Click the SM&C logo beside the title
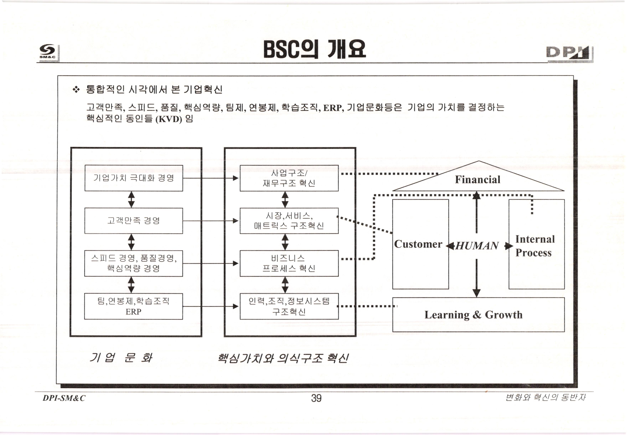tap(48, 52)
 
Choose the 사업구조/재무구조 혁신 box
tap(289, 178)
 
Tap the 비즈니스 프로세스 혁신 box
tap(289, 263)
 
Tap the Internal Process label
tap(534, 246)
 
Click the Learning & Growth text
tap(474, 315)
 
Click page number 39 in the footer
tap(316, 398)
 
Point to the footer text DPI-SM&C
tap(64, 398)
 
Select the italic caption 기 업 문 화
tap(121, 358)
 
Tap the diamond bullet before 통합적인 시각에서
tap(76, 89)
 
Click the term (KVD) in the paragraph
tap(169, 119)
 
